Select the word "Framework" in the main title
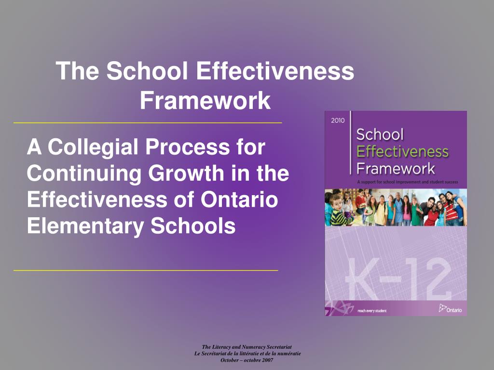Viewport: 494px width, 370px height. (205, 101)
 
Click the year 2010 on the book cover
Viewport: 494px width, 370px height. (338, 120)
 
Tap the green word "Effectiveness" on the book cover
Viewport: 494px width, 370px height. (402, 152)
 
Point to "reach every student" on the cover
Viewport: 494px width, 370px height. (372, 311)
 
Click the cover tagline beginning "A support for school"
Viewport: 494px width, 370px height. (407, 182)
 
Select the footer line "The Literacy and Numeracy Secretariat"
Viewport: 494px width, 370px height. (247, 347)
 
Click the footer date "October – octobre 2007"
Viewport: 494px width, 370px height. (247, 360)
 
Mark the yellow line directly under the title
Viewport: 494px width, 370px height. (147, 123)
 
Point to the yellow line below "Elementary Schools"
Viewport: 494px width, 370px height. (146, 271)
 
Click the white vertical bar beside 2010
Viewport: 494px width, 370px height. (351, 142)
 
